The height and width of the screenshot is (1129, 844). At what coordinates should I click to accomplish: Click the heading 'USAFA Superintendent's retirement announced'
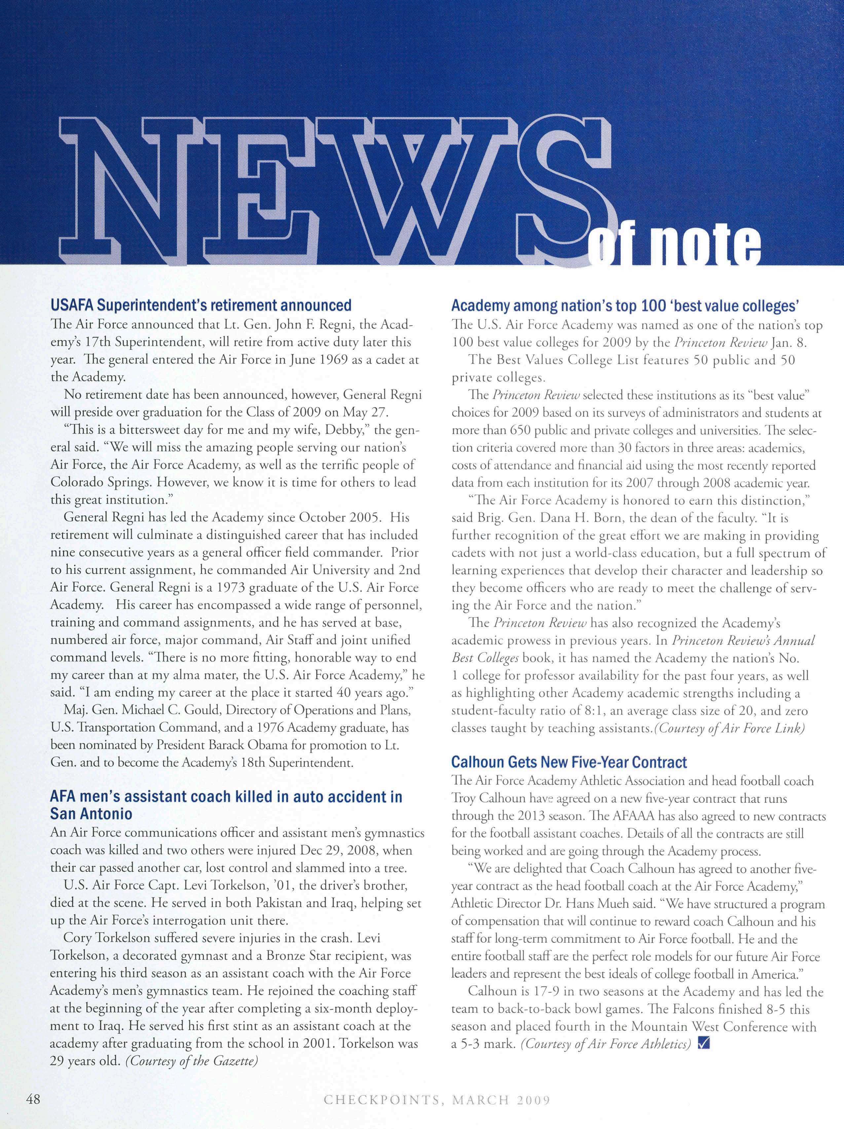click(201, 306)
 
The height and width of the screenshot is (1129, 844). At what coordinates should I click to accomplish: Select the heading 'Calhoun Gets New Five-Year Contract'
click(569, 762)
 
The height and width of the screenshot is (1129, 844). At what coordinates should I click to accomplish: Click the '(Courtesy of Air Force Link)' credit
click(729, 728)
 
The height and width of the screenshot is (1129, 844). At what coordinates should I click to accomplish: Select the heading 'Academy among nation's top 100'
click(625, 306)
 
